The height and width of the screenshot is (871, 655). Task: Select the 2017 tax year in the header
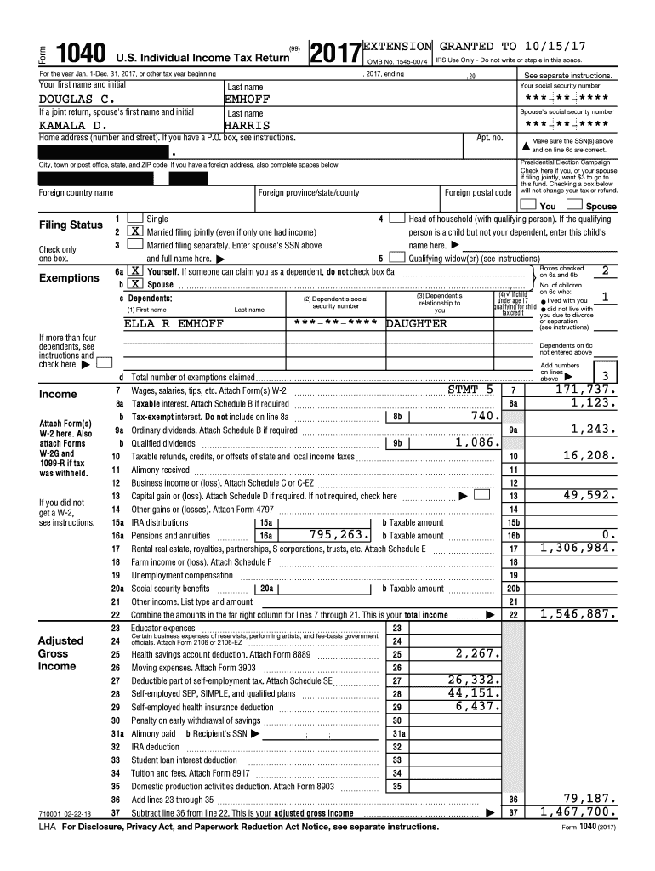tap(335, 54)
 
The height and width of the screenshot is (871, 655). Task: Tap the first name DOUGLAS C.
tap(77, 100)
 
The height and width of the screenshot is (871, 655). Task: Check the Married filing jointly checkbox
tap(134, 232)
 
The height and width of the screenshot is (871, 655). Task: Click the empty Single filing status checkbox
tap(134, 219)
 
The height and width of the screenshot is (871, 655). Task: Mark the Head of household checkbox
tap(396, 219)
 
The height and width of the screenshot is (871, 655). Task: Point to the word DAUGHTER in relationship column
tap(417, 324)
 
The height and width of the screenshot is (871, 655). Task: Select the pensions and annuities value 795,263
tap(339, 535)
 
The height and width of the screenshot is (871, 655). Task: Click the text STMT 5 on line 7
tap(470, 390)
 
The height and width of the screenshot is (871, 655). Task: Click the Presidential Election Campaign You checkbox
tap(529, 205)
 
